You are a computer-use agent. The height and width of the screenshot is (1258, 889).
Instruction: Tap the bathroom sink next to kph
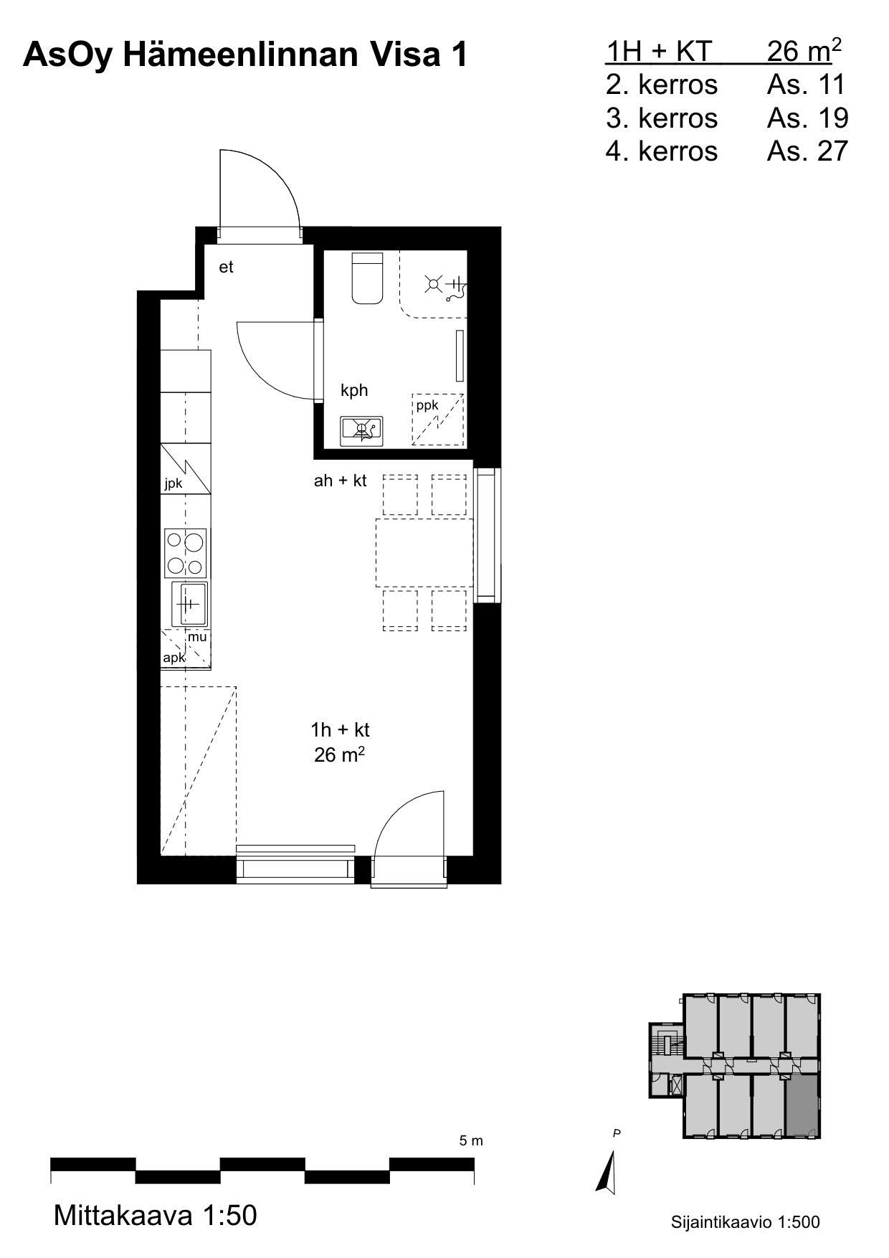tap(361, 431)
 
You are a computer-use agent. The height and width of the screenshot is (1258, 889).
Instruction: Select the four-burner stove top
tap(186, 553)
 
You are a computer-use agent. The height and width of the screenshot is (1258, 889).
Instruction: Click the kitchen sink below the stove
tap(189, 604)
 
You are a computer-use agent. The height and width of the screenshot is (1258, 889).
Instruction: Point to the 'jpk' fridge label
tap(173, 483)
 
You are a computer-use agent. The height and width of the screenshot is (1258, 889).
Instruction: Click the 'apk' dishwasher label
tap(174, 658)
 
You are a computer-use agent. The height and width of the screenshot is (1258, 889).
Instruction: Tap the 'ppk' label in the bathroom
tap(427, 406)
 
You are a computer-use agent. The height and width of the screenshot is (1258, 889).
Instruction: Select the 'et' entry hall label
tap(226, 268)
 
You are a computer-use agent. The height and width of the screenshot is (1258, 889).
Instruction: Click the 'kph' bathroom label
tap(354, 390)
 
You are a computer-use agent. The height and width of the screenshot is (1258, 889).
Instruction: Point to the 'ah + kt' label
tap(340, 481)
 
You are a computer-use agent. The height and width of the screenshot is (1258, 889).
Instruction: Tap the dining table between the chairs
tap(424, 553)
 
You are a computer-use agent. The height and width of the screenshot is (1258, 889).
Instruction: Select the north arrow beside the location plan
tap(608, 1172)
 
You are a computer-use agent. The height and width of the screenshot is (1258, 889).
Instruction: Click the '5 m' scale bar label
tap(471, 1140)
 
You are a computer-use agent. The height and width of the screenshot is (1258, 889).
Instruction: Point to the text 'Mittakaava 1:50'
tap(155, 1216)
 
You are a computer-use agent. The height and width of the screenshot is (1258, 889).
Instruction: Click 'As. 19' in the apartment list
tap(807, 118)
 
